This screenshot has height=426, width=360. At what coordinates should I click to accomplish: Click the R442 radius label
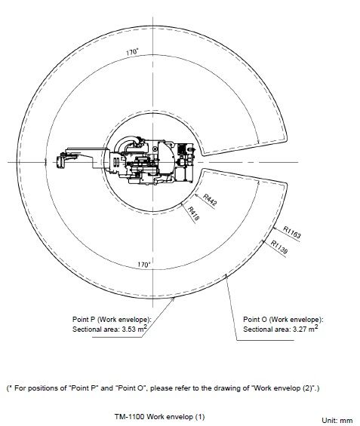[x=210, y=200]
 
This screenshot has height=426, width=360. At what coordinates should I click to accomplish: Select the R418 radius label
[x=194, y=213]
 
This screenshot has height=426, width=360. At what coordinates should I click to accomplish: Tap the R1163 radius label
[x=292, y=232]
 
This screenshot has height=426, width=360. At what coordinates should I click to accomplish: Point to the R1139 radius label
[x=279, y=247]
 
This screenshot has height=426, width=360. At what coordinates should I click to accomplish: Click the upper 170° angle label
[x=132, y=52]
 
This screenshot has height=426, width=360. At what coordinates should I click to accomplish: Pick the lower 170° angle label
[x=144, y=265]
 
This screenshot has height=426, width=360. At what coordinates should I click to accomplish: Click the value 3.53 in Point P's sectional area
[x=129, y=329]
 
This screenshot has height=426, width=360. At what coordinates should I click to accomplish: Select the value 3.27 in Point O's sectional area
[x=300, y=329]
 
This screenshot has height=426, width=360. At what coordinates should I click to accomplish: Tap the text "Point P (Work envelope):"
[x=112, y=319]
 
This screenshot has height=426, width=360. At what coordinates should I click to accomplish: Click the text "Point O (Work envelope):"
[x=283, y=319]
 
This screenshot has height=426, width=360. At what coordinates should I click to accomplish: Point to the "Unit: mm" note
[x=337, y=420]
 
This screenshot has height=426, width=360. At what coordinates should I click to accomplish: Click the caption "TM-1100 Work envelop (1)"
[x=159, y=416]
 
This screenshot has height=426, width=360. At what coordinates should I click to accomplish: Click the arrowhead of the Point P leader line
[x=173, y=299]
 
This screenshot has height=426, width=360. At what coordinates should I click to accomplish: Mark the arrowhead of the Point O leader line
[x=226, y=275]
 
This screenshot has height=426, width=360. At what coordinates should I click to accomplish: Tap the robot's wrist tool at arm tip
[x=61, y=161]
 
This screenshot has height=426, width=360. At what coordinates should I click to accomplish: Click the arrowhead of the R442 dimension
[x=195, y=195]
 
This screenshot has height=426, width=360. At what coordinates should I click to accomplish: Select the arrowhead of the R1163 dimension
[x=275, y=228]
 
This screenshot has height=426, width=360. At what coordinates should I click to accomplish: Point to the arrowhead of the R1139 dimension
[x=263, y=241]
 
